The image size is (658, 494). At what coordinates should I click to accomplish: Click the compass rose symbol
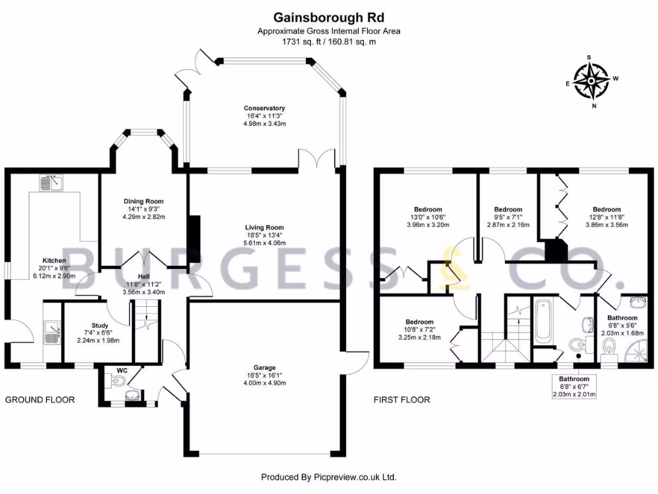tap(591, 82)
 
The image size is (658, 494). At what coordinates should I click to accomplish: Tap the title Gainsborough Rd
tap(328, 17)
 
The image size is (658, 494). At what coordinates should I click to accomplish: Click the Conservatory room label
tap(264, 108)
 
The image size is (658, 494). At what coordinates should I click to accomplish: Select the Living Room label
tap(264, 227)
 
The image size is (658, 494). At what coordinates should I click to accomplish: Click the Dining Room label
tap(145, 201)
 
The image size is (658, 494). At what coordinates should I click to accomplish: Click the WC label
tap(122, 370)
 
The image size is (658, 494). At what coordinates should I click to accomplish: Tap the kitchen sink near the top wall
tap(49, 183)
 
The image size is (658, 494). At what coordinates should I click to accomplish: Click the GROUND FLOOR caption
tap(40, 399)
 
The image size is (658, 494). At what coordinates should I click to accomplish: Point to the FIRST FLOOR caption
tap(402, 399)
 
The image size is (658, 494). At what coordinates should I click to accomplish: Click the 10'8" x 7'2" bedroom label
tap(419, 322)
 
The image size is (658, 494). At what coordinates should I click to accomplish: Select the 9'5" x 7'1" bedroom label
tap(508, 210)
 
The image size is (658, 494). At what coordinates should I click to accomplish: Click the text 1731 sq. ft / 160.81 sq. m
tap(328, 42)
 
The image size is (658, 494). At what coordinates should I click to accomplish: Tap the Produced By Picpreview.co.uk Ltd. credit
tap(328, 477)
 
